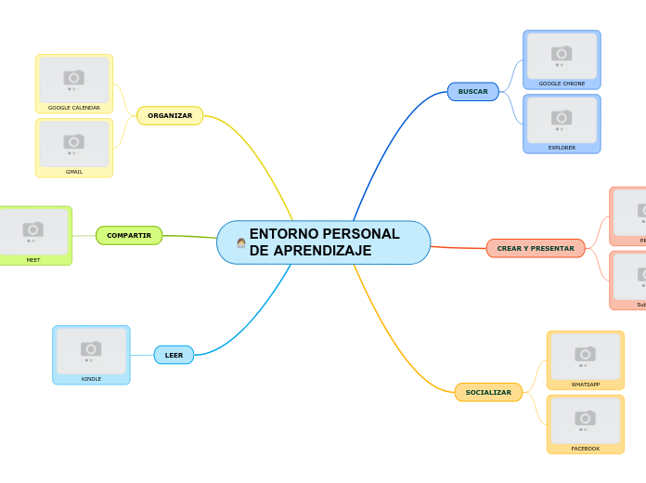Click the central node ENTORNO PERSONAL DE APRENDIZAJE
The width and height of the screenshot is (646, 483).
coord(324,242)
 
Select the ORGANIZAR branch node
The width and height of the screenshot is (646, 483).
coord(170,116)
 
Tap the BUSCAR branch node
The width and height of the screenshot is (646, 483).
coord(473,91)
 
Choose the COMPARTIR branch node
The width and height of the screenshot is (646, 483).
coord(129,236)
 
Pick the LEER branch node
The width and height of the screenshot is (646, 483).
coord(174,355)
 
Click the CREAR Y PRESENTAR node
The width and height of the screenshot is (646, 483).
coord(536,248)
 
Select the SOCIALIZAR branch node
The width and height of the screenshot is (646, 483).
coord(488,392)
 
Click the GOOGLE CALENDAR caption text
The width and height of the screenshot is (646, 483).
coord(74,108)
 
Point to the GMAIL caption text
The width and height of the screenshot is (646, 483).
coord(74,172)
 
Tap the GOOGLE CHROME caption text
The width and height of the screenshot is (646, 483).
coord(562,84)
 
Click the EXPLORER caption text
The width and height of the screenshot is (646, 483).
coord(562,148)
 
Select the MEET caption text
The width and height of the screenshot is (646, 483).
coord(33,260)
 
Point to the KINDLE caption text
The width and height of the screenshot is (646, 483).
coord(91,379)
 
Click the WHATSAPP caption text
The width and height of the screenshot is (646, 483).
coord(585,385)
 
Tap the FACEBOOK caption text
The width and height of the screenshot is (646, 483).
coord(585,449)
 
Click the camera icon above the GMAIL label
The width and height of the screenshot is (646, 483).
coord(74,141)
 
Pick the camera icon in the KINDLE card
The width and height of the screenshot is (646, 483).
coord(91,348)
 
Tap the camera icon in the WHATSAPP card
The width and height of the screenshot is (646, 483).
coord(585,354)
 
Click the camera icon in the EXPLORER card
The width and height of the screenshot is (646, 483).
coord(562,117)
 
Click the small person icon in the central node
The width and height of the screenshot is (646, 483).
coord(241,242)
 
